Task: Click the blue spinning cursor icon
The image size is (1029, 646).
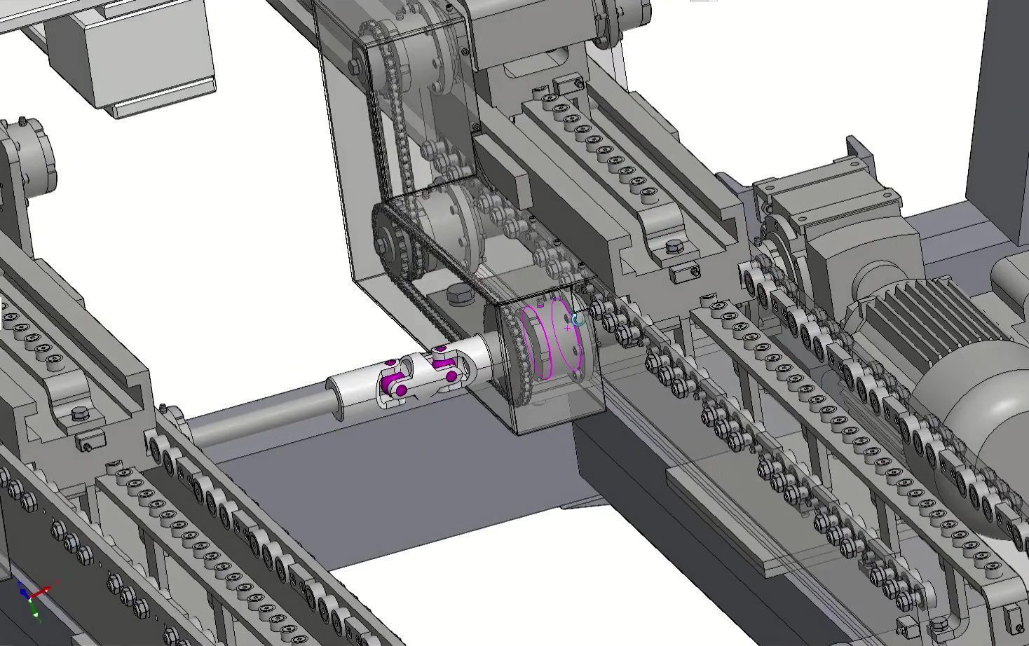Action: [577, 319]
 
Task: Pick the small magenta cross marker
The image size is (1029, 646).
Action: [567, 327]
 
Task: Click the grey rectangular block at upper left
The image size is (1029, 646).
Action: [140, 56]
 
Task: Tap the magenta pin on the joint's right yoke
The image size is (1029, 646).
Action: [451, 377]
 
